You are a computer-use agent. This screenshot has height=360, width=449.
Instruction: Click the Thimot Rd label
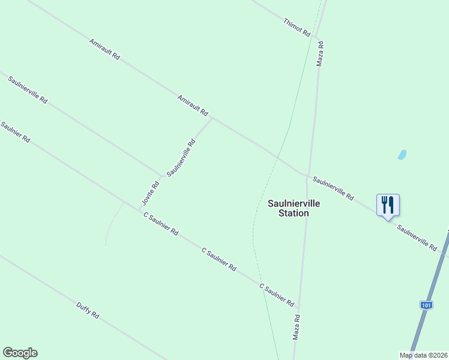[297, 26]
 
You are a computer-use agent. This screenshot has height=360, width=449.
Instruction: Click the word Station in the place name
[294, 213]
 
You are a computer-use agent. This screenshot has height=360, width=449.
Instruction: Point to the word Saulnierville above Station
[294, 203]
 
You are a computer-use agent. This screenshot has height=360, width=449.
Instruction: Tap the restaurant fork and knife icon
[388, 205]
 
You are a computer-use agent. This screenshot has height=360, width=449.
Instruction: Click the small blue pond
[402, 155]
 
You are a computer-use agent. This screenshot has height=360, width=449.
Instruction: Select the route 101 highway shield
[426, 305]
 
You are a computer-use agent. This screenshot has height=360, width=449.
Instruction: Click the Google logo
[20, 353]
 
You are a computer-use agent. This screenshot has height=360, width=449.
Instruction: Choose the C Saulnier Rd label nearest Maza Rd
[277, 295]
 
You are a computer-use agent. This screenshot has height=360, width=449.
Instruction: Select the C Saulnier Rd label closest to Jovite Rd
[160, 223]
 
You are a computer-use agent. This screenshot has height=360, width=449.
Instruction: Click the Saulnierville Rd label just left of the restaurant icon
[334, 188]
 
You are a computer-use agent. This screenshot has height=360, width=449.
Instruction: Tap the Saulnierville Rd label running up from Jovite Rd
[181, 157]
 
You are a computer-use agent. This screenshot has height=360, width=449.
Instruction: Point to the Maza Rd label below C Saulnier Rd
[296, 327]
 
